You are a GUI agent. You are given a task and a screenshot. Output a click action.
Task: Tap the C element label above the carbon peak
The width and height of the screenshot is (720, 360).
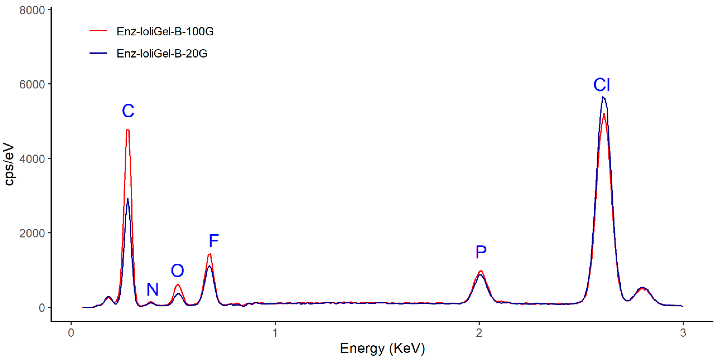coord(128,111)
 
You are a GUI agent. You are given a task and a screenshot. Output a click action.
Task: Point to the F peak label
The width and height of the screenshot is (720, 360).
coord(214,241)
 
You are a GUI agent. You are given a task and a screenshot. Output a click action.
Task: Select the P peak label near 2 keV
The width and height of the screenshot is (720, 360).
coord(481,252)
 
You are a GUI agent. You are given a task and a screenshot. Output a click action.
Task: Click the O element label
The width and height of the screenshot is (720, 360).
coord(178,271)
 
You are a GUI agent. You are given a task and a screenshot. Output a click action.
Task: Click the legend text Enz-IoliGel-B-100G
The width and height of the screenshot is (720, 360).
coord(165,31)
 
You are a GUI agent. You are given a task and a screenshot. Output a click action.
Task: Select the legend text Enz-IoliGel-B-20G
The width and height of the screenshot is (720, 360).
coord(162,53)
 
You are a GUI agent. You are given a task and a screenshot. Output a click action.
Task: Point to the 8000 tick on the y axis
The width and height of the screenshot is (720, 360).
coord(32,10)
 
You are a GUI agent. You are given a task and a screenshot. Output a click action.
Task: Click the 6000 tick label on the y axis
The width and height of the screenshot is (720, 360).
coord(32,84)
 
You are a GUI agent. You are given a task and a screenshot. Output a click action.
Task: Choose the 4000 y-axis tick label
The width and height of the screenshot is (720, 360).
coord(32,159)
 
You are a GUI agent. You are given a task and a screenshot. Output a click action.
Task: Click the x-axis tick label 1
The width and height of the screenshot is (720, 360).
coord(275,333)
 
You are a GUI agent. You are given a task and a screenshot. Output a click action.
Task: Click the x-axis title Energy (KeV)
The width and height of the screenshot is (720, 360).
coord(382,348)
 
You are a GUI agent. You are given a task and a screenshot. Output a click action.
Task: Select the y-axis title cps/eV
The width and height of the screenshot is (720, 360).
coord(9,164)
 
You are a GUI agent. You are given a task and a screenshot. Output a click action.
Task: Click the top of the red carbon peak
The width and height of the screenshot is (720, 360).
coord(128,130)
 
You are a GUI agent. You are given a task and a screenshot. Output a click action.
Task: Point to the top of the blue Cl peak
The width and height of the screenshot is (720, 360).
coord(603,97)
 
